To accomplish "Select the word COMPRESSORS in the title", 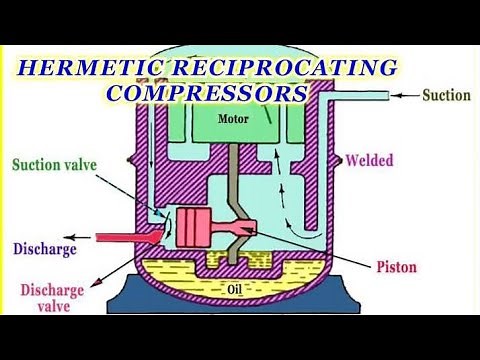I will [x=206, y=94].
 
